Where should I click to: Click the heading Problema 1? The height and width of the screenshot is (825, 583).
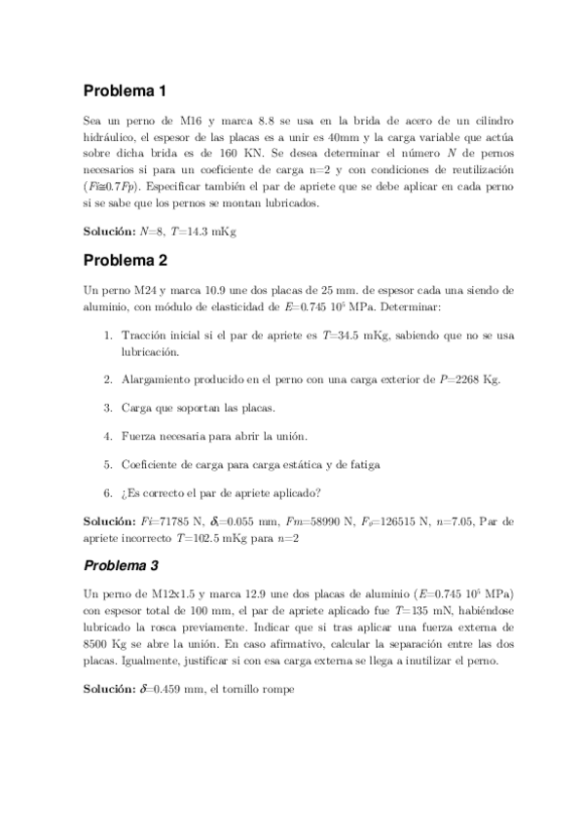pos(125,91)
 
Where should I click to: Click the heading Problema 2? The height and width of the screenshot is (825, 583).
pos(125,261)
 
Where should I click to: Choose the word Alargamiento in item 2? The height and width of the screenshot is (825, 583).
pos(157,378)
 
